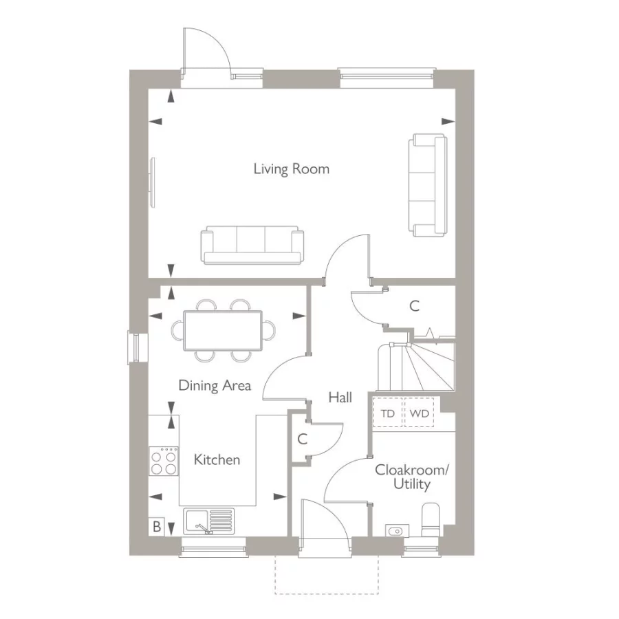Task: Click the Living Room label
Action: coord(291,169)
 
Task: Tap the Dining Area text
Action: coord(215,385)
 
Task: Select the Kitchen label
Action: coord(217,459)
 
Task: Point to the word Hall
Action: coord(340,398)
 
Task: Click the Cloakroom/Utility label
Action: coord(411,477)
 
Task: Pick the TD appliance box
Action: coord(388,414)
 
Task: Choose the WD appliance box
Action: coord(419,414)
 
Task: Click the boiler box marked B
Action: coord(157,527)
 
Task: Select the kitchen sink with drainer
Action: coord(208,521)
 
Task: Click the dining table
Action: coord(222,329)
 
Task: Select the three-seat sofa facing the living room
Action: coord(252,246)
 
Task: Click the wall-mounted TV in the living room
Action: coord(153,182)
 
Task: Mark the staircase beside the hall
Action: coord(416,366)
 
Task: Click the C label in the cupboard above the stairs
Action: coord(415,307)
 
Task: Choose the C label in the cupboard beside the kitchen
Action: coord(302,439)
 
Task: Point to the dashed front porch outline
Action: coord(325,574)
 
